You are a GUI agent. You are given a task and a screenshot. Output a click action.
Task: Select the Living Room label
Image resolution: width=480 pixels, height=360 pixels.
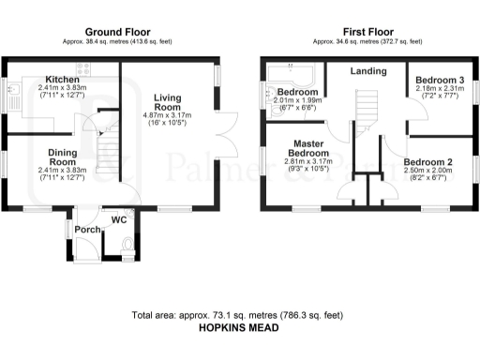point(168,101)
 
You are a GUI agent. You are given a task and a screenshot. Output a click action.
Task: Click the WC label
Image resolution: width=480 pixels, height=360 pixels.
point(119,220)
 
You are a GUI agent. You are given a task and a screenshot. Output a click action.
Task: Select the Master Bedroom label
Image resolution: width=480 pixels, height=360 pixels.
point(307,147)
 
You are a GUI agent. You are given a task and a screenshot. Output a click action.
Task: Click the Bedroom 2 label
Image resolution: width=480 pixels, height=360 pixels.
point(428,162)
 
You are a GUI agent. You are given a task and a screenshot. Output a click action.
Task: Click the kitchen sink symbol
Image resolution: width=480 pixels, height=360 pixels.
point(16,92)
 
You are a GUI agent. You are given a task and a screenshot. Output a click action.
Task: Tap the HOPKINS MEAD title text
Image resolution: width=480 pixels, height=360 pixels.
point(239,331)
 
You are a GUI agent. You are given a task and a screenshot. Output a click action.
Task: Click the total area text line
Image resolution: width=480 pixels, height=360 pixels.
point(239,317)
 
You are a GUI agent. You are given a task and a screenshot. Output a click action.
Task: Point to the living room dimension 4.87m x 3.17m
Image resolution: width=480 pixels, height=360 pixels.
point(168,117)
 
